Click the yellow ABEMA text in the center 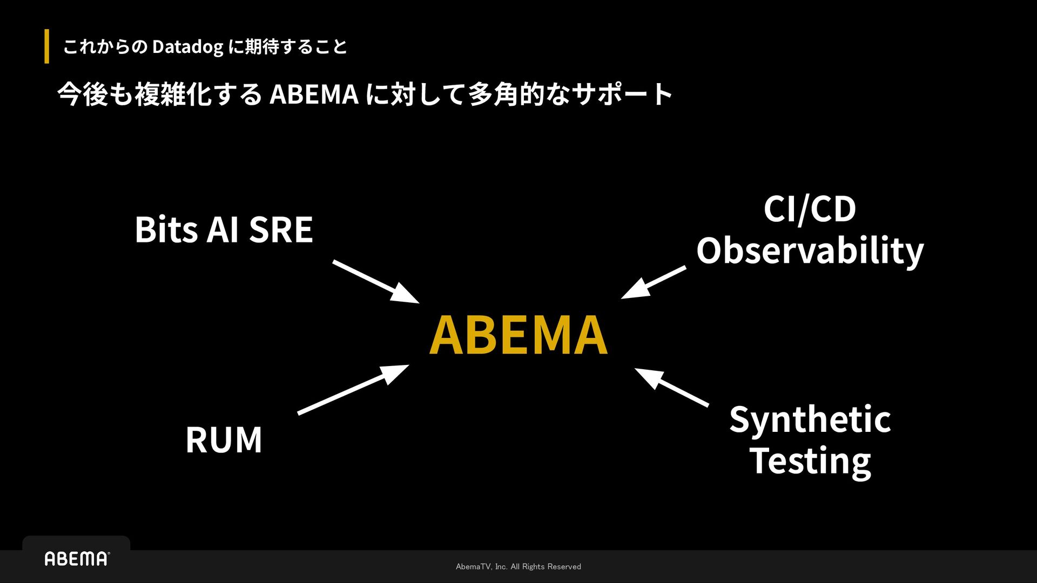518,335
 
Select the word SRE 281,230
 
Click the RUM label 224,440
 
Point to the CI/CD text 810,209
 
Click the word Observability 810,251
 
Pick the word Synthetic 810,420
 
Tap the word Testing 810,462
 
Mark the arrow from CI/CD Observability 654,282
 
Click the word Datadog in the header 187,47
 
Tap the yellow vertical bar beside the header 47,46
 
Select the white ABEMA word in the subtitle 314,94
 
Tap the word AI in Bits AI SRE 223,230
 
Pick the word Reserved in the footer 564,566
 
